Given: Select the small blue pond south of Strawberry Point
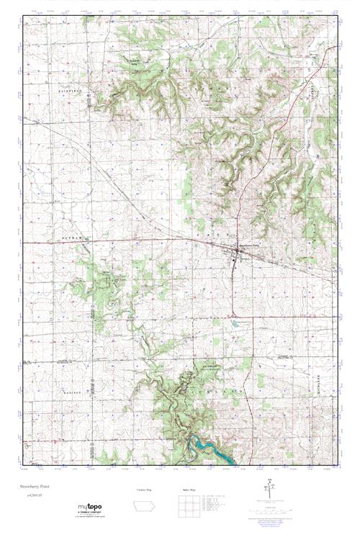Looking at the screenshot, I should [x=235, y=323].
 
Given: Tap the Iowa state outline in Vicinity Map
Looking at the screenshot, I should [x=147, y=505].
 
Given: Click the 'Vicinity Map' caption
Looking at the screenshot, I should [x=147, y=489].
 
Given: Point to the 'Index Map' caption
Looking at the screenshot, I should [x=188, y=489].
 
